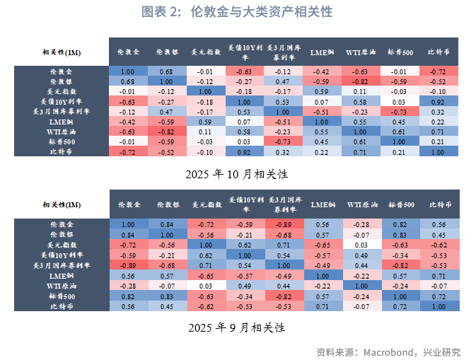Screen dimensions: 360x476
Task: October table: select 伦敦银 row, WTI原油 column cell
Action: (x=360, y=81)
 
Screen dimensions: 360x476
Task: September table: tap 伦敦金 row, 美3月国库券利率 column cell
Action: (x=283, y=224)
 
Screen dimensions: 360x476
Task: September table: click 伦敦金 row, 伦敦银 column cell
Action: (x=167, y=224)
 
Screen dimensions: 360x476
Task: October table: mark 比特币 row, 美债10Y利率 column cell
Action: (x=244, y=151)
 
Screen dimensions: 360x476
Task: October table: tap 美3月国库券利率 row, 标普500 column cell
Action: (x=400, y=111)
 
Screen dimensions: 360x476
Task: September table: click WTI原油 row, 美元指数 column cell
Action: (x=205, y=285)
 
